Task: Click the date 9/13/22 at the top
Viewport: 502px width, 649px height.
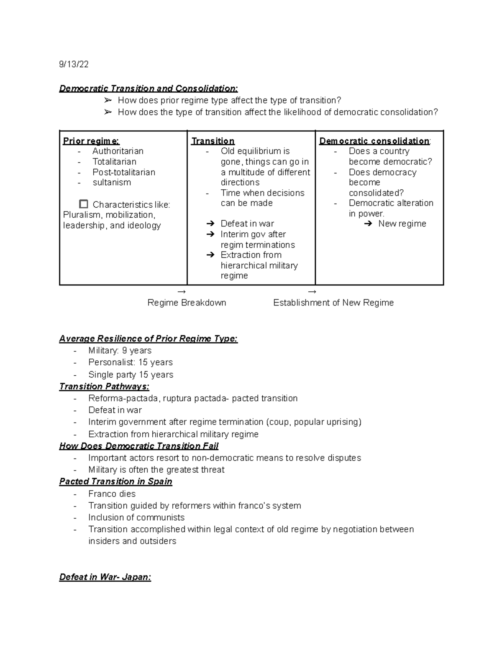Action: [x=74, y=64]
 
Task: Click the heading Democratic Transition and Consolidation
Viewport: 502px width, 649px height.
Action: [x=149, y=89]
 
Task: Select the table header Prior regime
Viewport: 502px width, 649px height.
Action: [x=91, y=141]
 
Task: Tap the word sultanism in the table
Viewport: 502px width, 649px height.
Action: [x=112, y=183]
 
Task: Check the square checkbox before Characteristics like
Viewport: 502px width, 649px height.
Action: [x=84, y=204]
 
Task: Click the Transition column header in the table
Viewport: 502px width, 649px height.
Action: [x=213, y=141]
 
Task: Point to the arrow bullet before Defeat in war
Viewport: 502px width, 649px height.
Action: [x=210, y=224]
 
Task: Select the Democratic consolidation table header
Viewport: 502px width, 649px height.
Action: [x=374, y=141]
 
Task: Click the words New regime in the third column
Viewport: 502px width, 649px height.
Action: [x=402, y=224]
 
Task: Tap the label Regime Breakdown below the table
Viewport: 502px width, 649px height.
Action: [x=187, y=303]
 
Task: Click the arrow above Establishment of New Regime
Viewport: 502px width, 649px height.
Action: [x=312, y=292]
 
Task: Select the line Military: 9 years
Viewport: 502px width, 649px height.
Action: [x=120, y=351]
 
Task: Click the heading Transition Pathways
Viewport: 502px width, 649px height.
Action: [x=104, y=387]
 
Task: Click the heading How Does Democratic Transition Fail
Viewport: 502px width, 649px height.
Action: [x=138, y=446]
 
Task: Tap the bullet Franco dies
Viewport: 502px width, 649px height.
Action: [x=112, y=494]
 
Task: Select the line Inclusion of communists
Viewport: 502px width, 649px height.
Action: [x=136, y=518]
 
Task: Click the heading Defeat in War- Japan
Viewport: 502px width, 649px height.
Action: [x=105, y=578]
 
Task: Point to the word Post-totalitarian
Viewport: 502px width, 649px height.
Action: [x=124, y=172]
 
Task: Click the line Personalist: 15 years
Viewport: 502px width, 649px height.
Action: [x=130, y=362]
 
